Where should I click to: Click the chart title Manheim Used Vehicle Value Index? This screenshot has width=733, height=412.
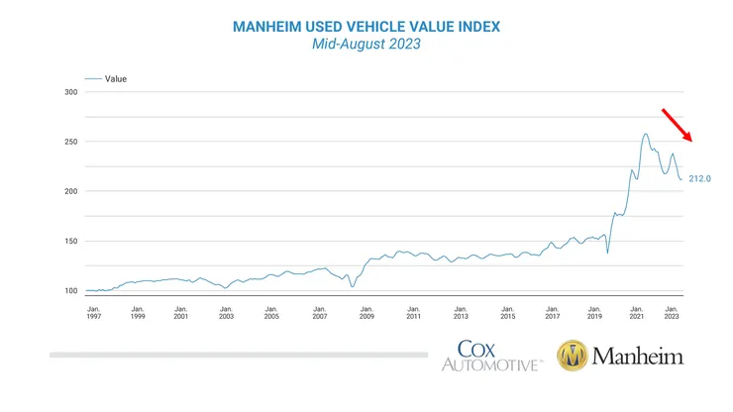point(366,27)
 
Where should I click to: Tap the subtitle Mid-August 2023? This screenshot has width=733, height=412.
point(366,46)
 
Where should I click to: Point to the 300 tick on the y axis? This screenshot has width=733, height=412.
point(70,92)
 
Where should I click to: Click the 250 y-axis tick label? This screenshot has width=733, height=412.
point(70,142)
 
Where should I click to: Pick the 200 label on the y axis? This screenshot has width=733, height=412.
point(70,191)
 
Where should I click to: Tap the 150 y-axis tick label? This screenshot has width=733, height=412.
point(70,241)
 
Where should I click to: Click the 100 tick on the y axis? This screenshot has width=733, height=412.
point(70,290)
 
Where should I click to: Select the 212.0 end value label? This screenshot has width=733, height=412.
point(700,178)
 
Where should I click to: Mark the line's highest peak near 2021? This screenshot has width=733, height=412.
point(645,134)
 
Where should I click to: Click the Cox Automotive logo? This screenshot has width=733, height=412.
point(492,355)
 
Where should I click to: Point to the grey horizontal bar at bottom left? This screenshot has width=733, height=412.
point(238,354)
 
